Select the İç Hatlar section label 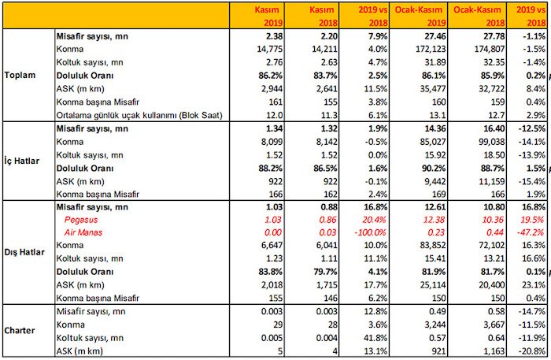click(x=18, y=159)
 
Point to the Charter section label click(x=20, y=331)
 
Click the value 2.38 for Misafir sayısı click(x=273, y=35)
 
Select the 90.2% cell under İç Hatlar click(x=424, y=167)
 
